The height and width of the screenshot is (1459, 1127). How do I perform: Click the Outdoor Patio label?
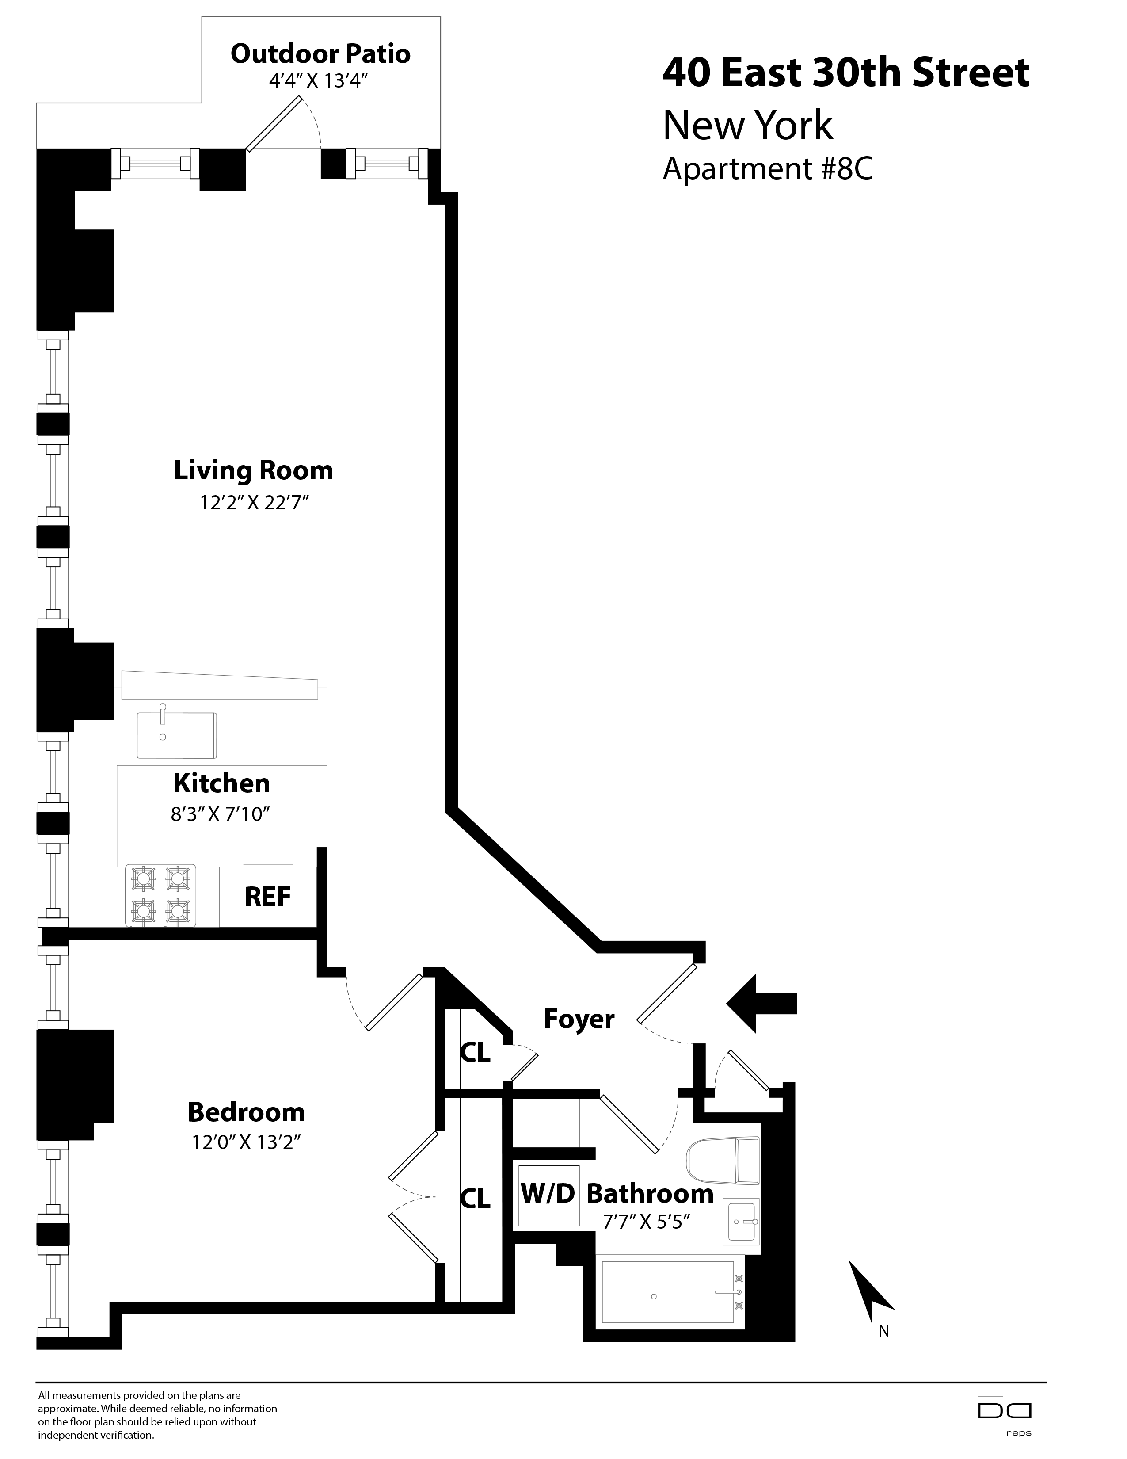320,54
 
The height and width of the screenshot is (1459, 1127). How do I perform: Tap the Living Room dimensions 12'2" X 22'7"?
254,502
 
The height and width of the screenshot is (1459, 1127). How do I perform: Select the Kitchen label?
222,783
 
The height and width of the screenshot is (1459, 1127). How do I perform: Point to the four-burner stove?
161,895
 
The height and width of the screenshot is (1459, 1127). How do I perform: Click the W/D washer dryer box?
548,1193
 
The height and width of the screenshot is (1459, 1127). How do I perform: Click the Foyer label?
579,1019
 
